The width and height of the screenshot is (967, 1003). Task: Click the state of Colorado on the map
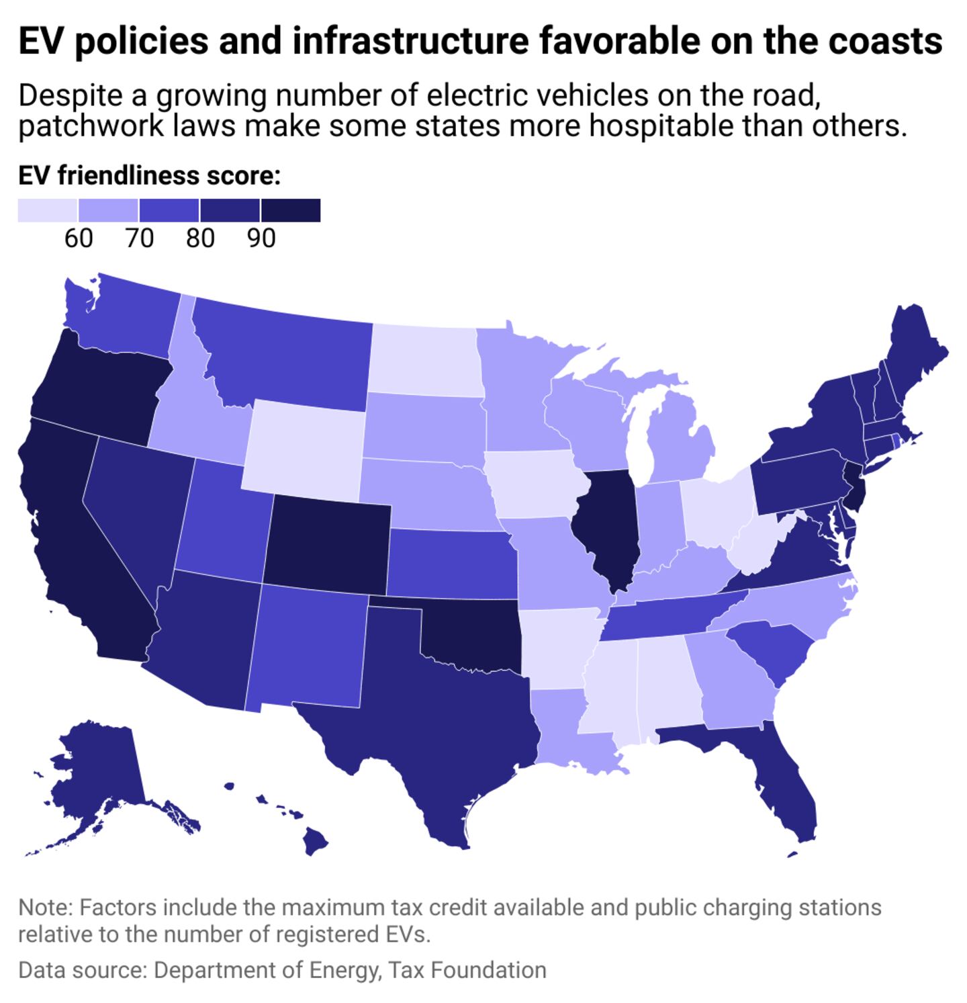(x=326, y=543)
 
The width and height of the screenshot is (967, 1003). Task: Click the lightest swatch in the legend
(x=47, y=210)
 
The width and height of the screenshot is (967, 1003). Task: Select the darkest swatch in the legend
(x=291, y=210)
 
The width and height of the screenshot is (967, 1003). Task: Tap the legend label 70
(x=140, y=238)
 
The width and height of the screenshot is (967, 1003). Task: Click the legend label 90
(x=261, y=238)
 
